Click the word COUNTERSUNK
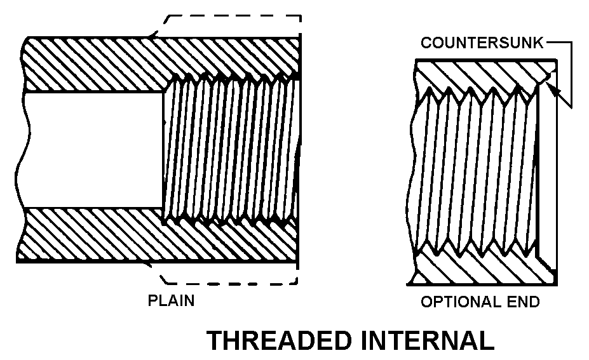[x=482, y=43]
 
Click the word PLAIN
[x=171, y=300]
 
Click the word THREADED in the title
[x=279, y=341]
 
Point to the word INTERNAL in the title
[x=426, y=341]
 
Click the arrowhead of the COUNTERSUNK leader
[x=554, y=93]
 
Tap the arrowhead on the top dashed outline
[x=151, y=36]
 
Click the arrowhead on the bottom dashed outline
[x=150, y=262]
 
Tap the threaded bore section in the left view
[x=229, y=150]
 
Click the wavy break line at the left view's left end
[x=24, y=150]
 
